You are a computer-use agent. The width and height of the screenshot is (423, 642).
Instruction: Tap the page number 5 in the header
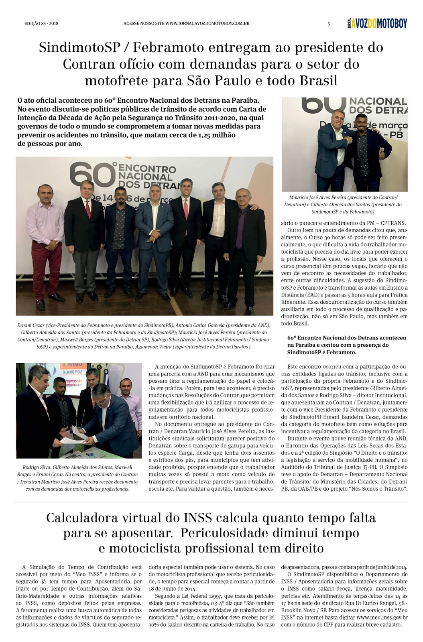(x=329, y=24)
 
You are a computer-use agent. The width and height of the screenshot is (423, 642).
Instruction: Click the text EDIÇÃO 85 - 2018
(x=41, y=24)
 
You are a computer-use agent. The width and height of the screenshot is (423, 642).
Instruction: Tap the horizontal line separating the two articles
(x=211, y=502)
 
